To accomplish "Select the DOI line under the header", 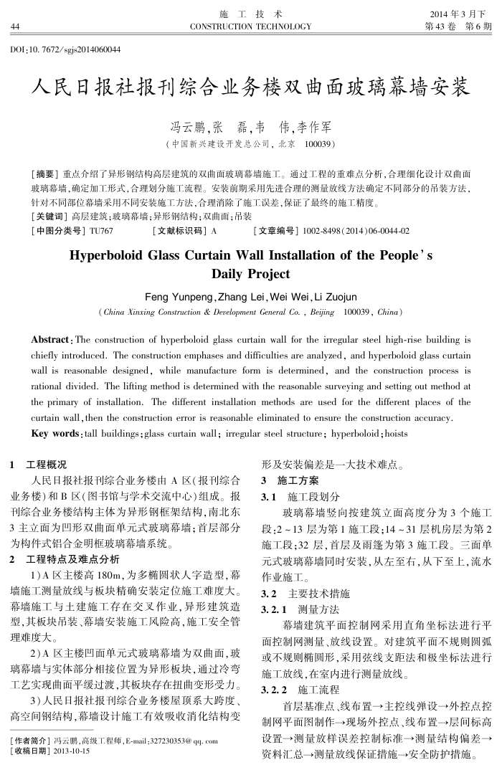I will coord(65,49).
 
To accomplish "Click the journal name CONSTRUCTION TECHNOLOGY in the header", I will coord(250,27).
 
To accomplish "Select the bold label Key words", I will coord(55,434).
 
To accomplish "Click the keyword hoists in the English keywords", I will coord(396,434).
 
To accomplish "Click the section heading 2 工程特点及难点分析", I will coord(66,559).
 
